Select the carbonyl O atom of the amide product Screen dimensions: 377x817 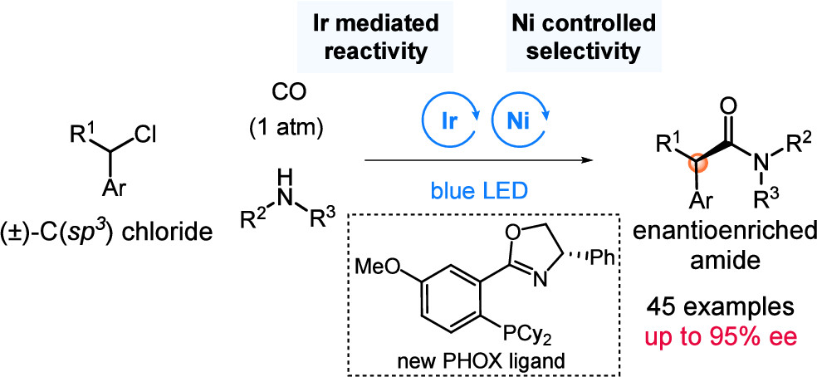click(x=728, y=105)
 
